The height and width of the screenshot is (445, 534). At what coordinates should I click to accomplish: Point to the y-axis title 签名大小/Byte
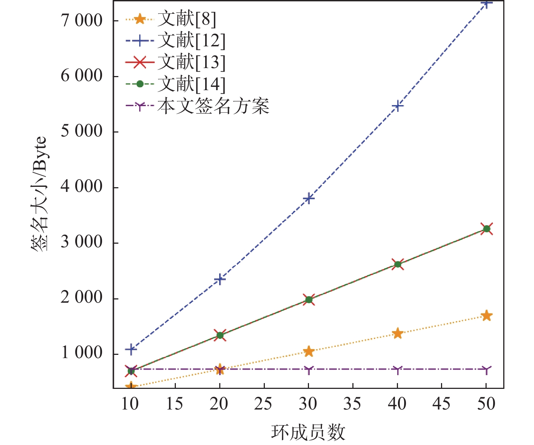click(39, 194)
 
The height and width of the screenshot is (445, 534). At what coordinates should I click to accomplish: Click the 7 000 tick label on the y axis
click(82, 21)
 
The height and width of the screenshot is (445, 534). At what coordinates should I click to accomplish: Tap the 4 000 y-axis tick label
click(82, 187)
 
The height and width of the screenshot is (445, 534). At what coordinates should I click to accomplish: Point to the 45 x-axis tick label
click(442, 404)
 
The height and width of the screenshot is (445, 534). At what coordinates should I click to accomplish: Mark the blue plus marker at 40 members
click(398, 106)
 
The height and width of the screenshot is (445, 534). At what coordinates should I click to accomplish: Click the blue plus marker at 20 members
click(220, 279)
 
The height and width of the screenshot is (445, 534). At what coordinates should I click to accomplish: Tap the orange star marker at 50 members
click(487, 315)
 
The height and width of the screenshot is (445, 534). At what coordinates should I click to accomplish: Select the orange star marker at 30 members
click(309, 351)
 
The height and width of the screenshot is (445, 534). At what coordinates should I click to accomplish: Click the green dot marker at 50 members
click(487, 229)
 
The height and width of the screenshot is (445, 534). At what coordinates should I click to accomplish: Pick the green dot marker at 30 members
click(309, 299)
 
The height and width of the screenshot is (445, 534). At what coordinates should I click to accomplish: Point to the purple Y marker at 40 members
click(398, 370)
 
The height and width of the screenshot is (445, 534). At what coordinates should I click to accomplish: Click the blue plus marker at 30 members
click(309, 198)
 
